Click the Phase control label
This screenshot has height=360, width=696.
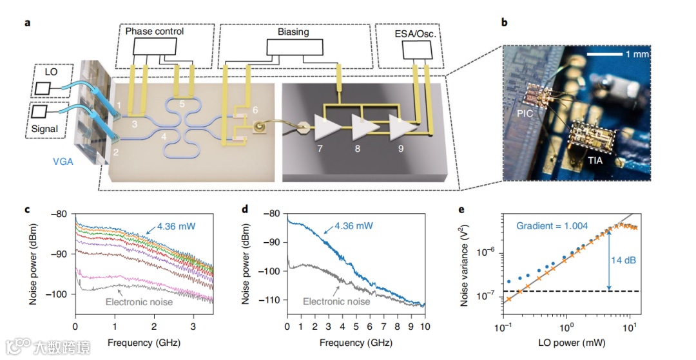coord(154,32)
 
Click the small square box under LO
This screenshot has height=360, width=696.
coord(44,88)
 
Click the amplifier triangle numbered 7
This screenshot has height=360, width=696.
coord(325,129)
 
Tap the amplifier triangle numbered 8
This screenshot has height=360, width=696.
coord(362,129)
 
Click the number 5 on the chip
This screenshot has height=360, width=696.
coord(182,103)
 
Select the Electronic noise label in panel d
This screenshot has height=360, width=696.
coord(336,301)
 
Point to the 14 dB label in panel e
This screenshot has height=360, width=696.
coord(623,260)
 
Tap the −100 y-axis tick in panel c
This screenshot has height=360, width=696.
coord(63,294)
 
